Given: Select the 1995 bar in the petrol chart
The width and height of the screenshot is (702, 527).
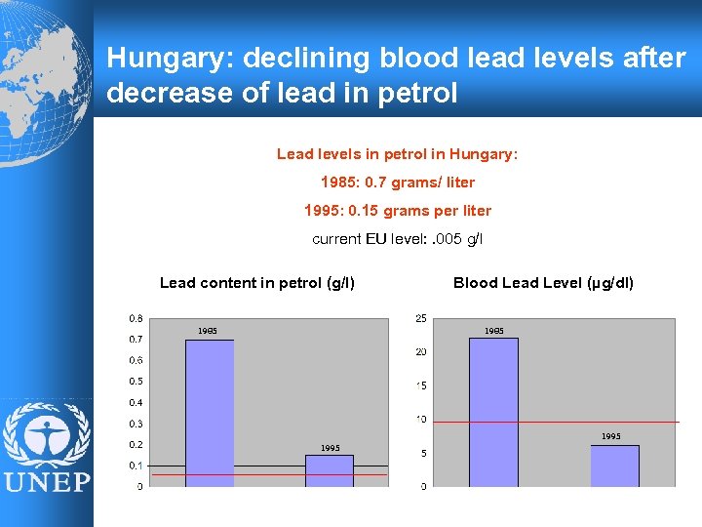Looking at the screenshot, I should [x=330, y=470].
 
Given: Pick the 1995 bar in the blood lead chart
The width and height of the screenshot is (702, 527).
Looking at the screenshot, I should [x=615, y=466].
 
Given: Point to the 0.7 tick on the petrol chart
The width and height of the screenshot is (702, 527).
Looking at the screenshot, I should [x=135, y=339].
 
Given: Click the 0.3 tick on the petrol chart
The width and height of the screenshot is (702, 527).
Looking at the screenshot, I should [x=135, y=424].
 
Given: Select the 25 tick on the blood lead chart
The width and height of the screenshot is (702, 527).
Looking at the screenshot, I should [x=420, y=318].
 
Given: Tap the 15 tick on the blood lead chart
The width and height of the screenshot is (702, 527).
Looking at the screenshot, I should [x=420, y=385].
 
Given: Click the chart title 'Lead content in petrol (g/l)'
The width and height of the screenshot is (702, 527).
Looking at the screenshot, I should [x=257, y=283].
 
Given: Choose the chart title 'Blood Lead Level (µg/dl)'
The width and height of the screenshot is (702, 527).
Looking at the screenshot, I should [x=543, y=283].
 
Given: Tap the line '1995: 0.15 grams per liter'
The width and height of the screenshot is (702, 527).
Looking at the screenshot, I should [x=398, y=211].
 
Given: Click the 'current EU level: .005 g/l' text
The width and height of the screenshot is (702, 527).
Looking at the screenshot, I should [x=398, y=238].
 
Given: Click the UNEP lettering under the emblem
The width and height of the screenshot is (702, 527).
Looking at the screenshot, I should [x=46, y=483].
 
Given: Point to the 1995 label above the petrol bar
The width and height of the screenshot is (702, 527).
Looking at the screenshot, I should [x=331, y=448].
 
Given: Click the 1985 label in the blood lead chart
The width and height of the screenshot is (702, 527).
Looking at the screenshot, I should [x=494, y=331].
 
